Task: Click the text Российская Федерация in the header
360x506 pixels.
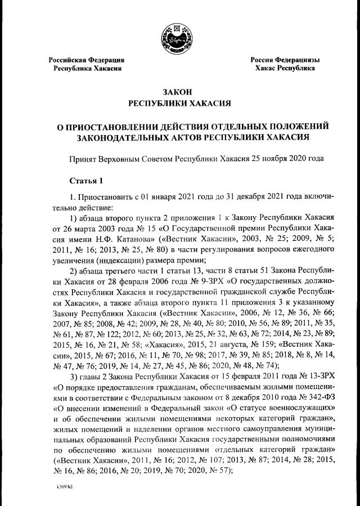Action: (x=86, y=59)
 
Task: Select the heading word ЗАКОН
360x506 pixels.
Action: (x=180, y=92)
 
